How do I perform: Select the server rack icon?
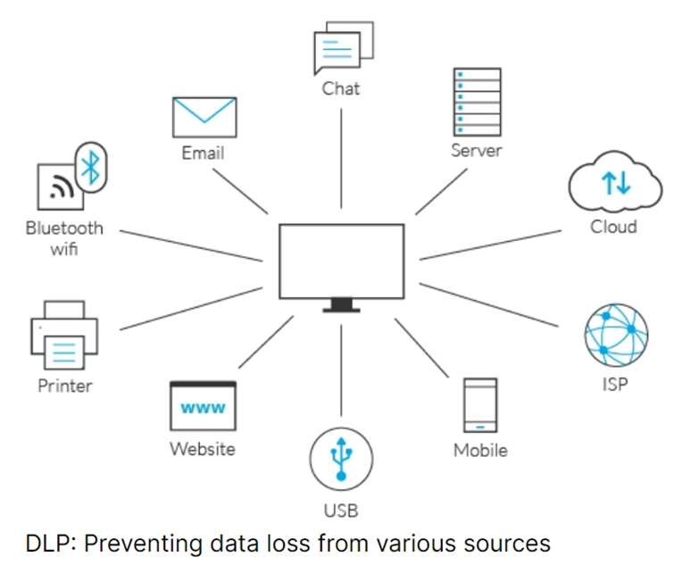476,100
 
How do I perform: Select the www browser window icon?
203,406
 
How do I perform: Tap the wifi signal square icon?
60,185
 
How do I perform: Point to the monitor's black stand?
341,306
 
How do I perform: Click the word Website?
203,448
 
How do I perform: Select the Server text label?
476,150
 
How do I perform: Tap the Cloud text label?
613,226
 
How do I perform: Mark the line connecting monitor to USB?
341,370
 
